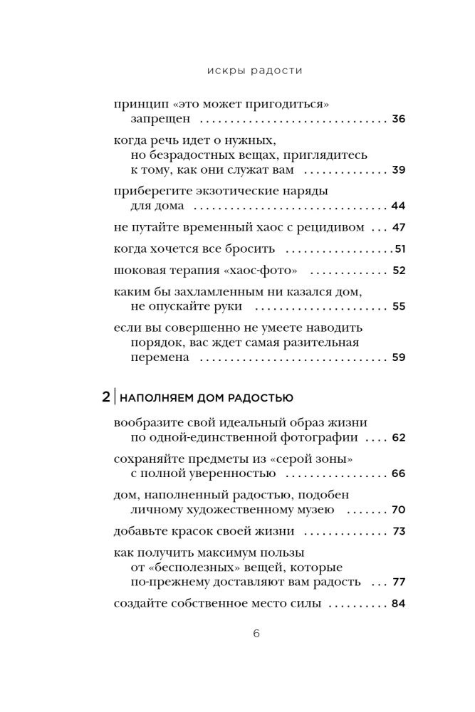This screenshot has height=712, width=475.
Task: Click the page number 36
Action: (398, 119)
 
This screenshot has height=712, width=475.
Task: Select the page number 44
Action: (398, 206)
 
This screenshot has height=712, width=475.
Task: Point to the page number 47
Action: (398, 228)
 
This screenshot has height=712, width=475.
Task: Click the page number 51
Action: (400, 249)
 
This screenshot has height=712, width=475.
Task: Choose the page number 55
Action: (398, 307)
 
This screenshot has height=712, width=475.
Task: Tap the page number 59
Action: (398, 357)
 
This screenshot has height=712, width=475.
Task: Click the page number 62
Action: (398, 437)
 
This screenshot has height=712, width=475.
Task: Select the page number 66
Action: (398, 473)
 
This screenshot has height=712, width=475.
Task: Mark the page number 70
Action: (398, 510)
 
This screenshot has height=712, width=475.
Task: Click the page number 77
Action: (398, 582)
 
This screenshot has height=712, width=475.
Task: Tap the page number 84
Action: (398, 604)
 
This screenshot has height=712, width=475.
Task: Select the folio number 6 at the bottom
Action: (237, 634)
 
